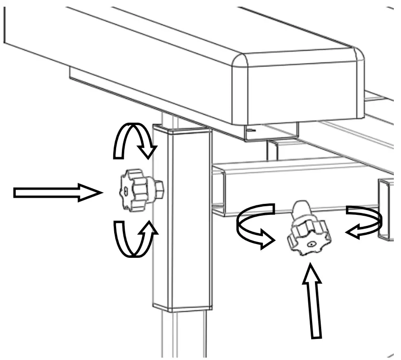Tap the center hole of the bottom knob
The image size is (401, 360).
tap(311, 244)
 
